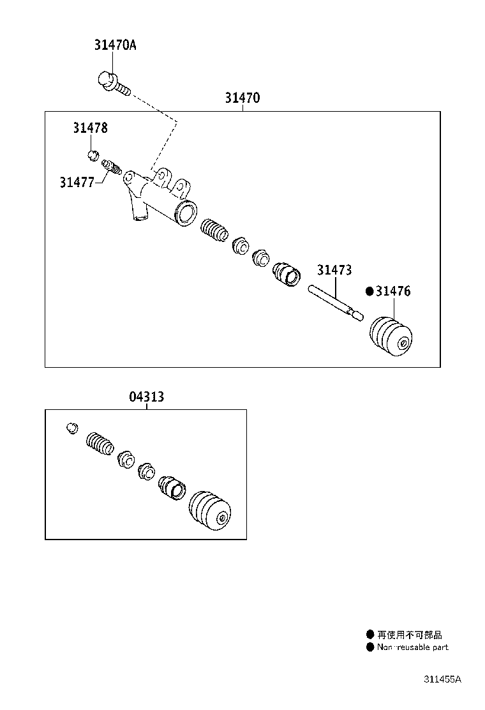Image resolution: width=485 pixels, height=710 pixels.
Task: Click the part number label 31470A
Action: tap(115, 45)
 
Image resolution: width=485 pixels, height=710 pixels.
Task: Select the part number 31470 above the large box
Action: tap(243, 98)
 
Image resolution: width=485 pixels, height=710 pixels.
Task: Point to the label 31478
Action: tap(91, 128)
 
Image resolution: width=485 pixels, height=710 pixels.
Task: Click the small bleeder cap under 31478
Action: tap(93, 155)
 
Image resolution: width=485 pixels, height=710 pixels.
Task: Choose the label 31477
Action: tap(77, 183)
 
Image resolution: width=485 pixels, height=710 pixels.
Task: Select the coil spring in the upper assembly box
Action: tap(214, 230)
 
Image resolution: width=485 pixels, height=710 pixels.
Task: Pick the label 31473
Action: tap(334, 270)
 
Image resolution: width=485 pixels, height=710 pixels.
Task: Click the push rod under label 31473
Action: tap(336, 303)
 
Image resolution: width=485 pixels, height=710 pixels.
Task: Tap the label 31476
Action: tap(393, 291)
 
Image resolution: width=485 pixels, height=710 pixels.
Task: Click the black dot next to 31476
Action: tap(369, 291)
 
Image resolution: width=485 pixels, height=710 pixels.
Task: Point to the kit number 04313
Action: tap(147, 397)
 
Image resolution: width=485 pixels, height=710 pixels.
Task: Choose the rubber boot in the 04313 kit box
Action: tap(210, 510)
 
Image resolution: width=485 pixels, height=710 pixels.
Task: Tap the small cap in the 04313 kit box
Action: tap(72, 428)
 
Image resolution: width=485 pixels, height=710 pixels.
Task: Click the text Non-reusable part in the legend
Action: tap(413, 647)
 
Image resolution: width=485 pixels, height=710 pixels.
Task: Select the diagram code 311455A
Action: tap(442, 679)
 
